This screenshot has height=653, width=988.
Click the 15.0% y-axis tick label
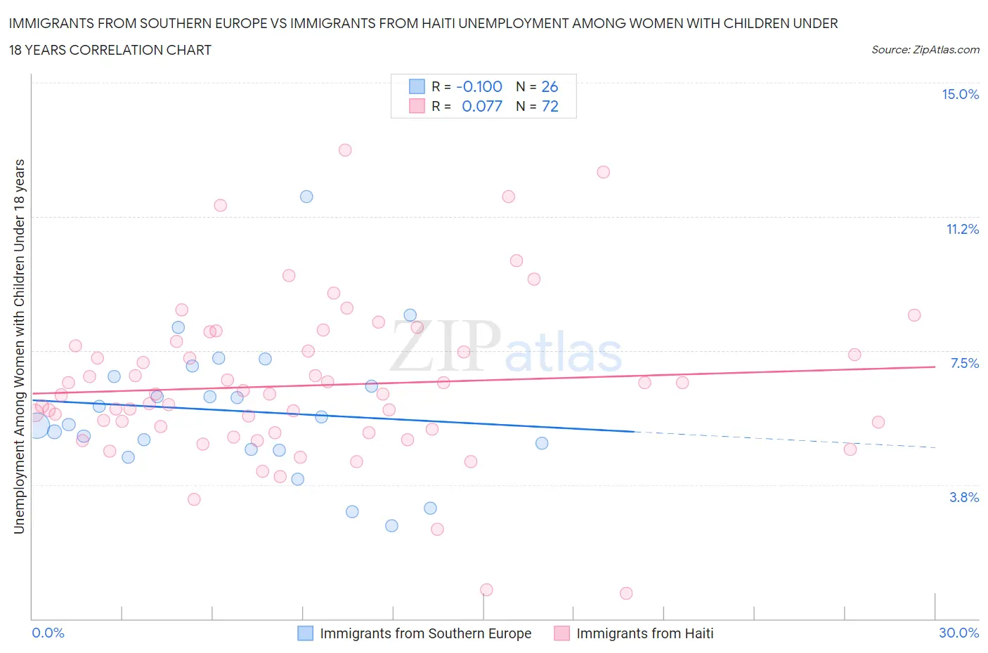(x=960, y=95)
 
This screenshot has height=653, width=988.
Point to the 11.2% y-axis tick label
(x=962, y=229)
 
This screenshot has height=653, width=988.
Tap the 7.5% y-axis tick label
(x=964, y=363)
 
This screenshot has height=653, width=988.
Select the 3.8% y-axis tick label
(x=963, y=497)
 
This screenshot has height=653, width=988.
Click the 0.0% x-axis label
(x=48, y=633)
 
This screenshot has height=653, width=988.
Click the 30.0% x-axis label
(x=958, y=633)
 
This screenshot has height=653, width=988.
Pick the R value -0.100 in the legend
(x=479, y=86)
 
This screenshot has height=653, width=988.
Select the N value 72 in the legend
(x=550, y=106)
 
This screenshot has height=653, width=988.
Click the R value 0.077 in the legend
(x=482, y=106)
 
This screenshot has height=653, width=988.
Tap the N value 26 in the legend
(x=550, y=86)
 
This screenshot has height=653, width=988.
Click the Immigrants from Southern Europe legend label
(x=425, y=633)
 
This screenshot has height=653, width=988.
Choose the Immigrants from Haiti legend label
(x=644, y=633)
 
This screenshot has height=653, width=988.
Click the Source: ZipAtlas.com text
(x=925, y=50)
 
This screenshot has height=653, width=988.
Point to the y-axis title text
(x=19, y=346)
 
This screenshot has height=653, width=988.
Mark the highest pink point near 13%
(x=345, y=150)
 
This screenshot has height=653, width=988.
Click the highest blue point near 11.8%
(x=306, y=197)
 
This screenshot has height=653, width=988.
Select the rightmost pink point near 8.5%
(x=914, y=315)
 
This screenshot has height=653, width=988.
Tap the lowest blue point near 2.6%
(x=392, y=526)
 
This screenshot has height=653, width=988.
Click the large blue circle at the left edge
(x=37, y=425)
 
